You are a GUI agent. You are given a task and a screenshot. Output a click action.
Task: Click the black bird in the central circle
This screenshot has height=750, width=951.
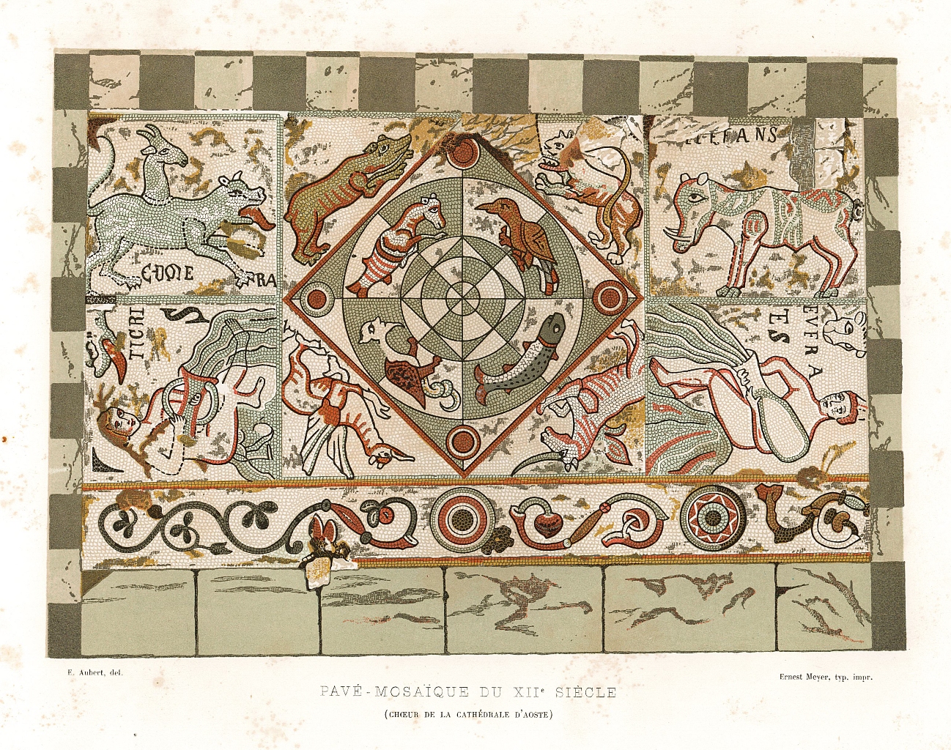(520, 231)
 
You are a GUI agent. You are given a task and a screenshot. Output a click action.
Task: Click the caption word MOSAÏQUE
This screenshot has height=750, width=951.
(415, 691)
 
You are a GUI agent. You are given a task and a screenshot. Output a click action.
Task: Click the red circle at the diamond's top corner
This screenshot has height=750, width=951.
(464, 152)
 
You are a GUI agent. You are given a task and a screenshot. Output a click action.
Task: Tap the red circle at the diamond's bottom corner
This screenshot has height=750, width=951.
(463, 441)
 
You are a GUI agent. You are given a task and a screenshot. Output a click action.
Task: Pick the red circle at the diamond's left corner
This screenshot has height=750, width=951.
(317, 298)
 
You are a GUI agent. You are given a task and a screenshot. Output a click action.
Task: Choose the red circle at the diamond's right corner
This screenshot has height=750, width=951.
(607, 297)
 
